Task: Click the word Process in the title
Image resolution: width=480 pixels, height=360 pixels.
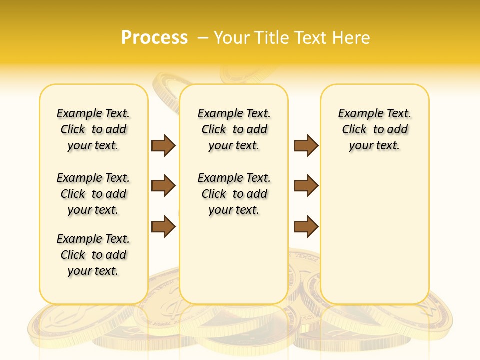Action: (154, 38)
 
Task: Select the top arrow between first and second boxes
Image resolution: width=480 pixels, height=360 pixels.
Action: (163, 145)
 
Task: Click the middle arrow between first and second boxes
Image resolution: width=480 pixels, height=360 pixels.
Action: (163, 186)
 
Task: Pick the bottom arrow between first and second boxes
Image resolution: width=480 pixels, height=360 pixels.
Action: (163, 226)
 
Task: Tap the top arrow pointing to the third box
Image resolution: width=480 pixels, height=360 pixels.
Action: (306, 145)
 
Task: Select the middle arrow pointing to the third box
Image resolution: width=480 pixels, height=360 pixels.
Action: (306, 186)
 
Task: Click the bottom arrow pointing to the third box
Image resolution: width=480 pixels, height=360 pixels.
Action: (306, 226)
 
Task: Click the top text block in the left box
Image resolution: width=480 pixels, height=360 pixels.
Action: (93, 129)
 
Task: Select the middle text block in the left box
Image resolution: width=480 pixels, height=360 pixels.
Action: (93, 194)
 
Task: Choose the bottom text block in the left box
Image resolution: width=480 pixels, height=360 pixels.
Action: (93, 255)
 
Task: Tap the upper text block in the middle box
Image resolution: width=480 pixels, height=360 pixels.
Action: (234, 129)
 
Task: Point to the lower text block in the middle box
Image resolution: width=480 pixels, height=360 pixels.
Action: (234, 194)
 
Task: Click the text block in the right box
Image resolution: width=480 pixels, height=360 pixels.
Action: (375, 129)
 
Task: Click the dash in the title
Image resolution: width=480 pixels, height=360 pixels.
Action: (203, 38)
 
